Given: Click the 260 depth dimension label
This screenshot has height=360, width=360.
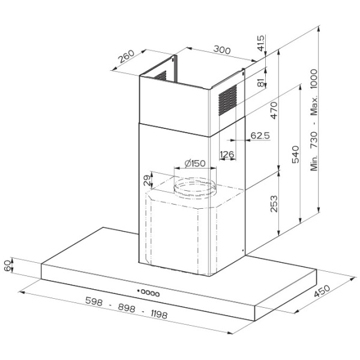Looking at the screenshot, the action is point(126,56).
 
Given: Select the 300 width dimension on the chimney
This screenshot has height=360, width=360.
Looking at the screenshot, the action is point(222,50).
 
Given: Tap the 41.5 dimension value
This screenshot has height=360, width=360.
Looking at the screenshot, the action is point(261,43).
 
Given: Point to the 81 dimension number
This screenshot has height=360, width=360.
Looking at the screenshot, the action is point(261,82).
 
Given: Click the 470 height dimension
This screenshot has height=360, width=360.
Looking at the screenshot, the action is point(274,110).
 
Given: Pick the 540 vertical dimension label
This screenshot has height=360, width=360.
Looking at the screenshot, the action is point(295,154).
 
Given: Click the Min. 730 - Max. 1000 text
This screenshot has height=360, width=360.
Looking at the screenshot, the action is point(314,120).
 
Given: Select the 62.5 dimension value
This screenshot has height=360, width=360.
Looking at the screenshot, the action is point(260,136).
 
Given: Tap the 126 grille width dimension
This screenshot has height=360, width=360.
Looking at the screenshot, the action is point(227,154).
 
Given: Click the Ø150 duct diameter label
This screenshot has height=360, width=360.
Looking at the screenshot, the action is point(195,163).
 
